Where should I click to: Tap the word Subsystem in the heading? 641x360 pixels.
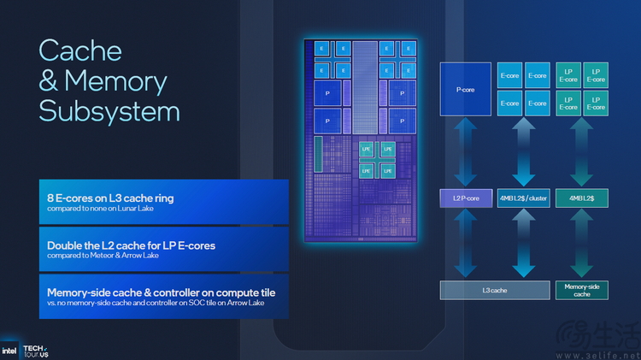click(109, 111)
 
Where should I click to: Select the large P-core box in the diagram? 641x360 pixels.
click(465, 89)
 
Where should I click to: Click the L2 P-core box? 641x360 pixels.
click(465, 198)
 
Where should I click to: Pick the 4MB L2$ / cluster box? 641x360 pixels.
click(523, 198)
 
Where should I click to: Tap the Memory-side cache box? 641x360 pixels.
click(582, 290)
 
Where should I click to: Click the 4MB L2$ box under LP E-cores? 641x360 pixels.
click(582, 198)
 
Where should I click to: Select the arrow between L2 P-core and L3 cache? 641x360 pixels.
click(465, 244)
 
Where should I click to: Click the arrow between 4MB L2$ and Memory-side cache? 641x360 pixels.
click(582, 244)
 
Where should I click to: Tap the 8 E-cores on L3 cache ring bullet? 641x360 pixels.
click(110, 198)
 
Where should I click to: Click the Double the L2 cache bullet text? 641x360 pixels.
click(131, 245)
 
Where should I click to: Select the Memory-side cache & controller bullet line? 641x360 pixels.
click(161, 292)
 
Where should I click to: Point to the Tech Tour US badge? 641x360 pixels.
click(35, 351)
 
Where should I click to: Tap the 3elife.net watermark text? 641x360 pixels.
click(609, 354)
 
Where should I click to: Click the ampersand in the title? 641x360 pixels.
click(49, 80)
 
